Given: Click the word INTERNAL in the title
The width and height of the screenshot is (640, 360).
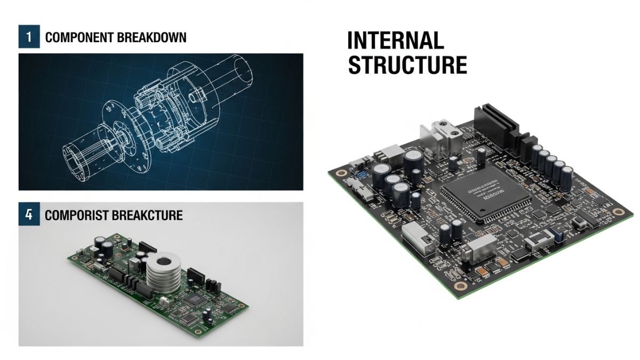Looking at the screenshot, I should coord(395,41).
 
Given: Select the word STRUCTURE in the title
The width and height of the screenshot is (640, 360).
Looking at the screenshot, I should coord(407,65).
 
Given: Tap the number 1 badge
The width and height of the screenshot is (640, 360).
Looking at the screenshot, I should coord(29,37).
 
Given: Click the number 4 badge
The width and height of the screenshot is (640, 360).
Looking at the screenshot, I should coord(29,215).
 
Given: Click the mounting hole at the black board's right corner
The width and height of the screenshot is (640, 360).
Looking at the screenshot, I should coord(618,212).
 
